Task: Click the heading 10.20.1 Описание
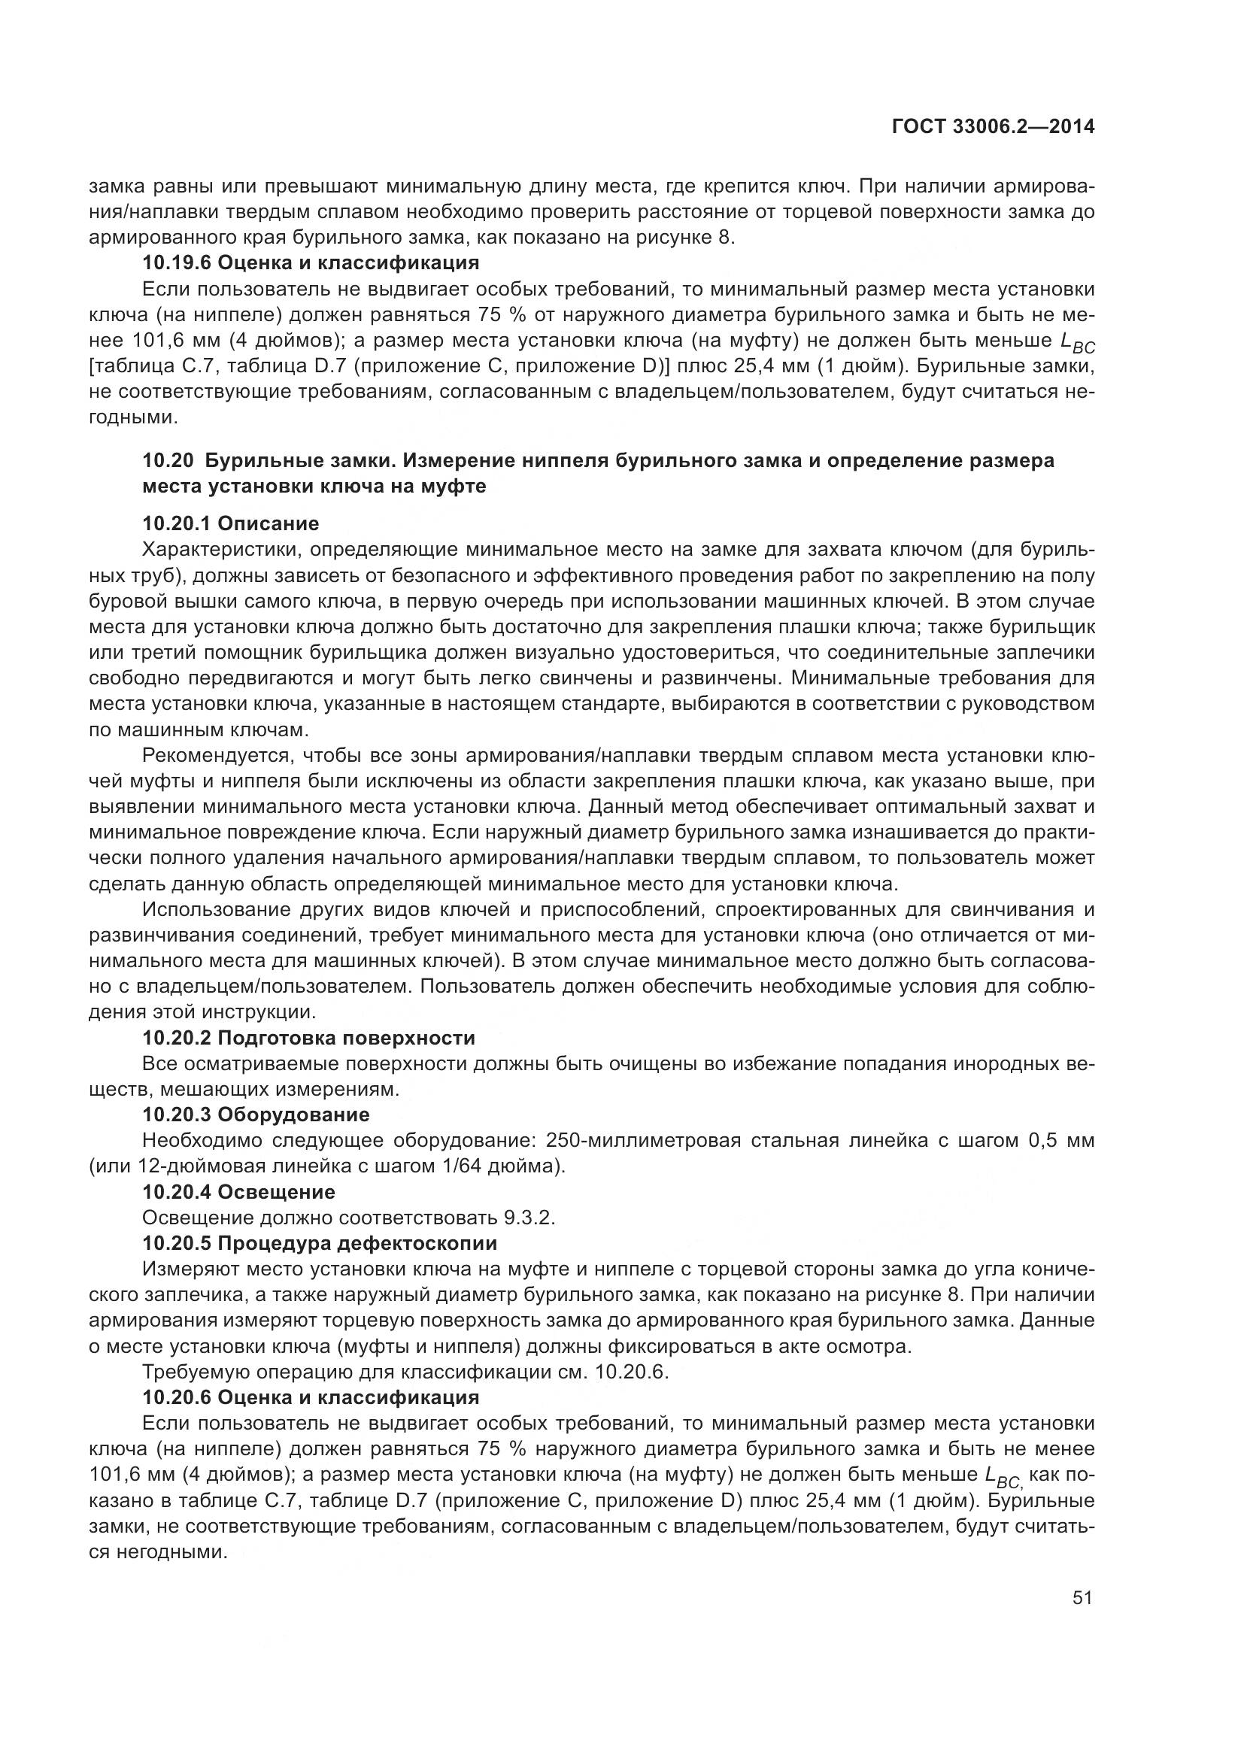pos(231,524)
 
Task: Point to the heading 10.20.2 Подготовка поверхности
pos(308,1038)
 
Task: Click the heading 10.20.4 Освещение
pos(238,1192)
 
